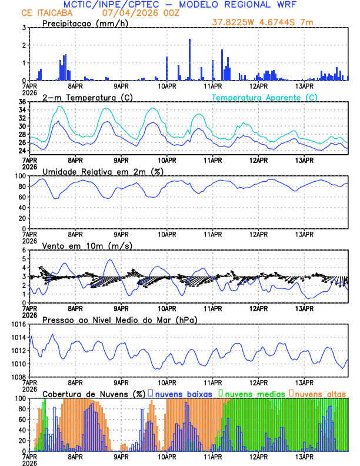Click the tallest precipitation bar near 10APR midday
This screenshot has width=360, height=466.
pos(189,59)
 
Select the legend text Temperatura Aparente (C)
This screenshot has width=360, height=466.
pos(264,97)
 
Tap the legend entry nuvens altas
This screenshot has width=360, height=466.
pos(320,393)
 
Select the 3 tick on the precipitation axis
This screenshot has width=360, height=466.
pos(23,28)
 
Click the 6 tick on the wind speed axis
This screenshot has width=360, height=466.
pos(23,250)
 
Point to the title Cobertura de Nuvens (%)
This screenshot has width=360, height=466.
pos(94,393)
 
